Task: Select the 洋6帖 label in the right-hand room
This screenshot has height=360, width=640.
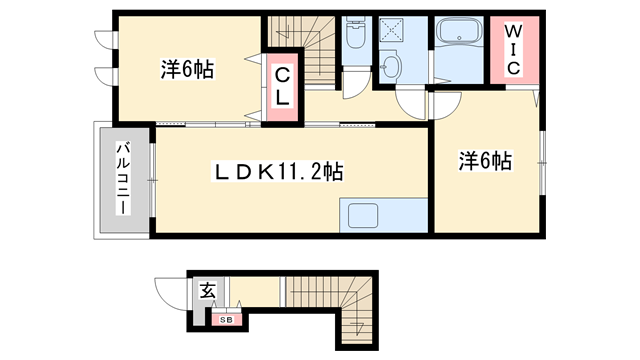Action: pyautogui.click(x=485, y=160)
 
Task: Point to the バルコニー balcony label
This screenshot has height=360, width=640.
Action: pyautogui.click(x=123, y=180)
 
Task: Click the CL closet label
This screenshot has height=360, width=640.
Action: pyautogui.click(x=283, y=85)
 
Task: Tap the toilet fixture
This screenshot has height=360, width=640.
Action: pyautogui.click(x=355, y=37)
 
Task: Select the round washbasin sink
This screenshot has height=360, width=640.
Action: pyautogui.click(x=391, y=67)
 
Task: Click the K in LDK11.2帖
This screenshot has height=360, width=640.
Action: pyautogui.click(x=253, y=172)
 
